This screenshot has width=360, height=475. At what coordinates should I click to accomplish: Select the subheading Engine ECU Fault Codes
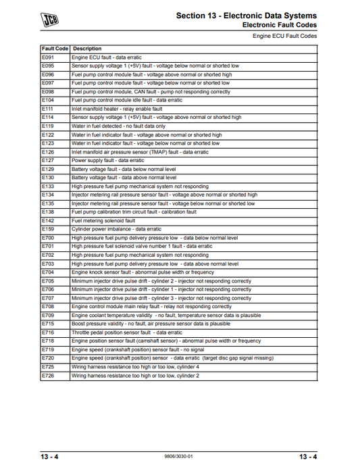(x=284, y=36)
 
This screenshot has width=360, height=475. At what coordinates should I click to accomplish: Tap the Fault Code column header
(x=55, y=49)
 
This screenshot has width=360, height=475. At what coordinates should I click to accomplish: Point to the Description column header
(x=87, y=49)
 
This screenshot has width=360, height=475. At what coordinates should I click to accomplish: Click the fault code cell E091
(x=48, y=59)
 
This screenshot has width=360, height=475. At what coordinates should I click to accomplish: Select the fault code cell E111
(x=48, y=108)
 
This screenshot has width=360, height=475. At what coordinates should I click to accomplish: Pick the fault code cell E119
(x=48, y=126)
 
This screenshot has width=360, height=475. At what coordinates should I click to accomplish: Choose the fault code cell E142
(x=48, y=220)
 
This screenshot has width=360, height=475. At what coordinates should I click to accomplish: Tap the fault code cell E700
(x=48, y=238)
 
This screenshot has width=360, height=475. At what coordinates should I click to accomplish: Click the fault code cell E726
(x=48, y=375)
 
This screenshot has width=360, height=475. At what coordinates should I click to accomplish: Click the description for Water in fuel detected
(x=118, y=126)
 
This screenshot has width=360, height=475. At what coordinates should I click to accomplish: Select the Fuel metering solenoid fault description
(x=103, y=220)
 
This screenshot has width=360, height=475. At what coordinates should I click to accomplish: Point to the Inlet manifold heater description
(x=117, y=108)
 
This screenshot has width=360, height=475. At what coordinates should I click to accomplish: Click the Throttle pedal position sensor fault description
(x=127, y=332)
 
